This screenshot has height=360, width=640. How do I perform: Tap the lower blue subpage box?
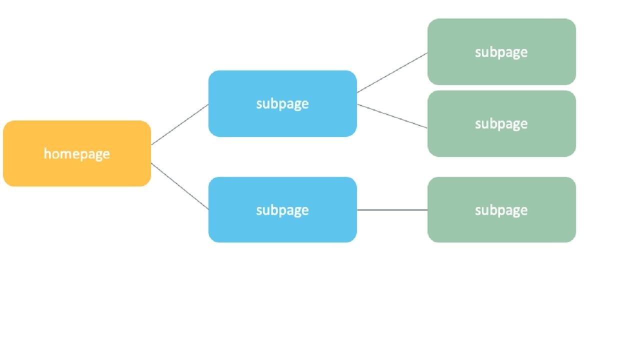(x=282, y=227)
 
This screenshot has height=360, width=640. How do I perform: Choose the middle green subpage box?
(x=501, y=142)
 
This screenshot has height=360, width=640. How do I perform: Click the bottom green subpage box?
(x=501, y=227)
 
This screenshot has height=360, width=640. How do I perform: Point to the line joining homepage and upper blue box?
(x=179, y=124)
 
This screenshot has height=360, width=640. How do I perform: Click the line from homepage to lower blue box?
(x=179, y=186)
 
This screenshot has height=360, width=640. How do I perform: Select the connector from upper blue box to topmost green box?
(x=392, y=72)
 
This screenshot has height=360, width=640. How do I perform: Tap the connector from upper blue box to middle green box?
(x=392, y=116)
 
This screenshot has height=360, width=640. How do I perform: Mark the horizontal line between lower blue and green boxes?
(x=392, y=210)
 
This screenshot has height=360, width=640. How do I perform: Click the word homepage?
(x=77, y=154)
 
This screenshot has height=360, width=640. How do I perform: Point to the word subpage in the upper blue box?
(x=282, y=104)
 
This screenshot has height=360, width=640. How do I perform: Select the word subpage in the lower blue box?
(x=282, y=210)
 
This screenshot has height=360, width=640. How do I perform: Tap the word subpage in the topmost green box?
(x=501, y=52)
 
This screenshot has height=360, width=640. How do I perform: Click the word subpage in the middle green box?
(x=501, y=124)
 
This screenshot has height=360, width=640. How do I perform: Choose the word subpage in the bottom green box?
(x=501, y=210)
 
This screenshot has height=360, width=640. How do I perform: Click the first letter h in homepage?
(x=47, y=153)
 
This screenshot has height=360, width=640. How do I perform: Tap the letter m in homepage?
(x=64, y=154)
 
